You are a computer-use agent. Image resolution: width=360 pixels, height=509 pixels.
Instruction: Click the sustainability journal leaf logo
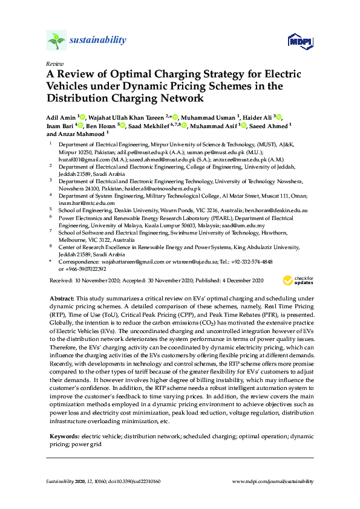click(x=56, y=41)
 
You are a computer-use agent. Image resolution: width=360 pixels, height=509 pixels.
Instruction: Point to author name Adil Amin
click(x=62, y=117)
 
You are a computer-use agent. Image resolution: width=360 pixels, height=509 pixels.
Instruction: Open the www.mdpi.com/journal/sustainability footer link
click(x=273, y=482)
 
